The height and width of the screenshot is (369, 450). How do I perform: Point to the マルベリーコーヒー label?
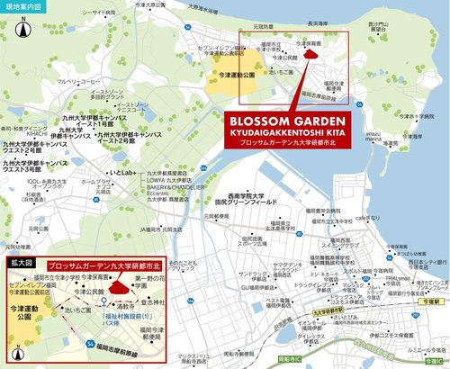(x=78, y=81)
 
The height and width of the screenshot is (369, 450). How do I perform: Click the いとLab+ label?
(x=120, y=172)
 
